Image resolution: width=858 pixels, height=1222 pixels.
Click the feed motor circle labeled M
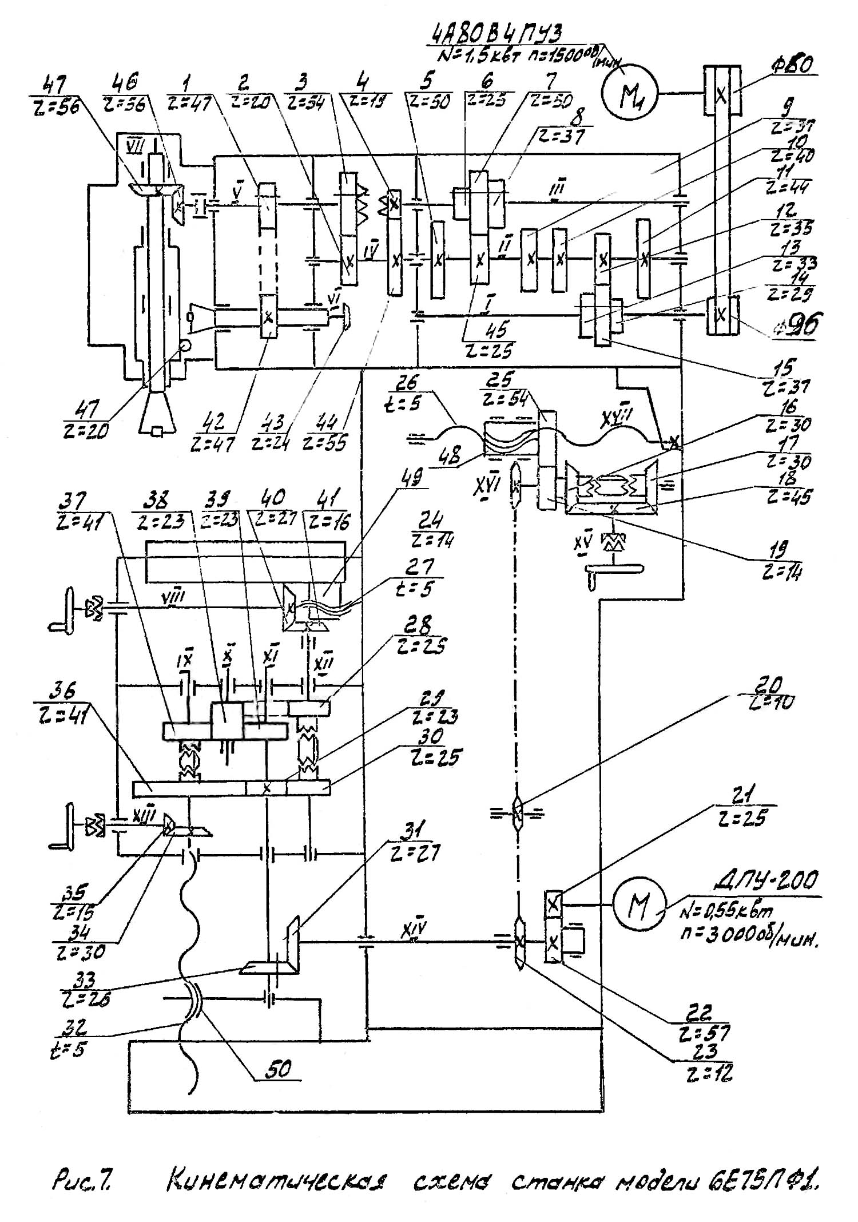(x=639, y=905)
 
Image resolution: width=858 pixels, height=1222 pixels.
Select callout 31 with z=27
(x=413, y=843)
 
